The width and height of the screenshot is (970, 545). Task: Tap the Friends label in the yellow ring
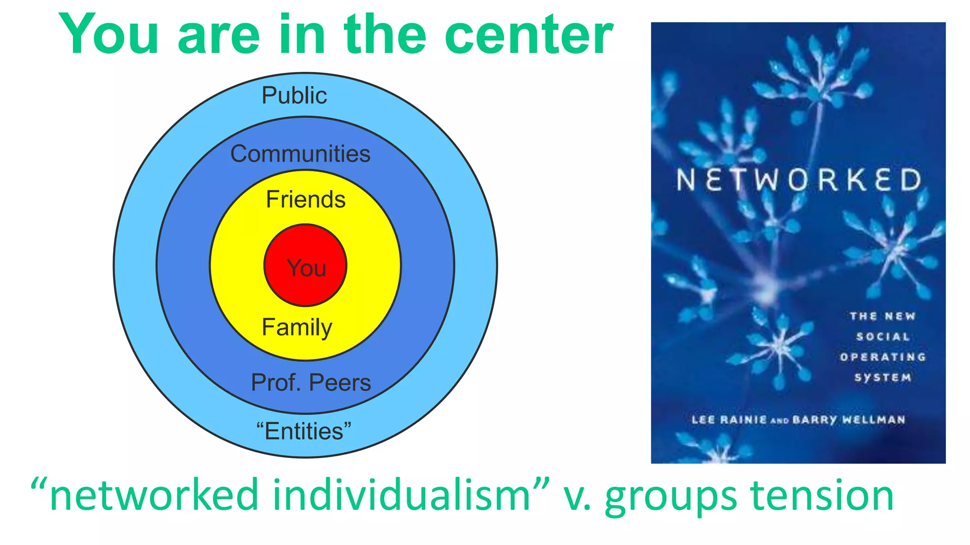(x=305, y=199)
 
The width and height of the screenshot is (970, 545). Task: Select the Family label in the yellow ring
(x=297, y=327)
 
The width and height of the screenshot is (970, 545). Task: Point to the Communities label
(x=300, y=154)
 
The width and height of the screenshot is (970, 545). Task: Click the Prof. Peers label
(x=311, y=382)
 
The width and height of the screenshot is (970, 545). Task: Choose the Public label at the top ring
(x=294, y=95)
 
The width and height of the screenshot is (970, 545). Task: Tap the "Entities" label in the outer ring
(x=304, y=431)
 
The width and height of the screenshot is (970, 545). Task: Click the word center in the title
(x=529, y=34)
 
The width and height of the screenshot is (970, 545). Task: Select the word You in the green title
(x=108, y=34)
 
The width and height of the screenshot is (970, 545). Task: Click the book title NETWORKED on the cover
(x=799, y=180)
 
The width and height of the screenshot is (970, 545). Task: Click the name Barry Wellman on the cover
(x=849, y=420)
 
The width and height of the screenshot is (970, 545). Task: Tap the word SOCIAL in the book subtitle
(x=883, y=336)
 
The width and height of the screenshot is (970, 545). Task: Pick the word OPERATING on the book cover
(x=883, y=357)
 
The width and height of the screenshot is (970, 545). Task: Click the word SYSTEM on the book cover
(x=883, y=377)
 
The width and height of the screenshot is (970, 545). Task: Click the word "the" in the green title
(x=385, y=34)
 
